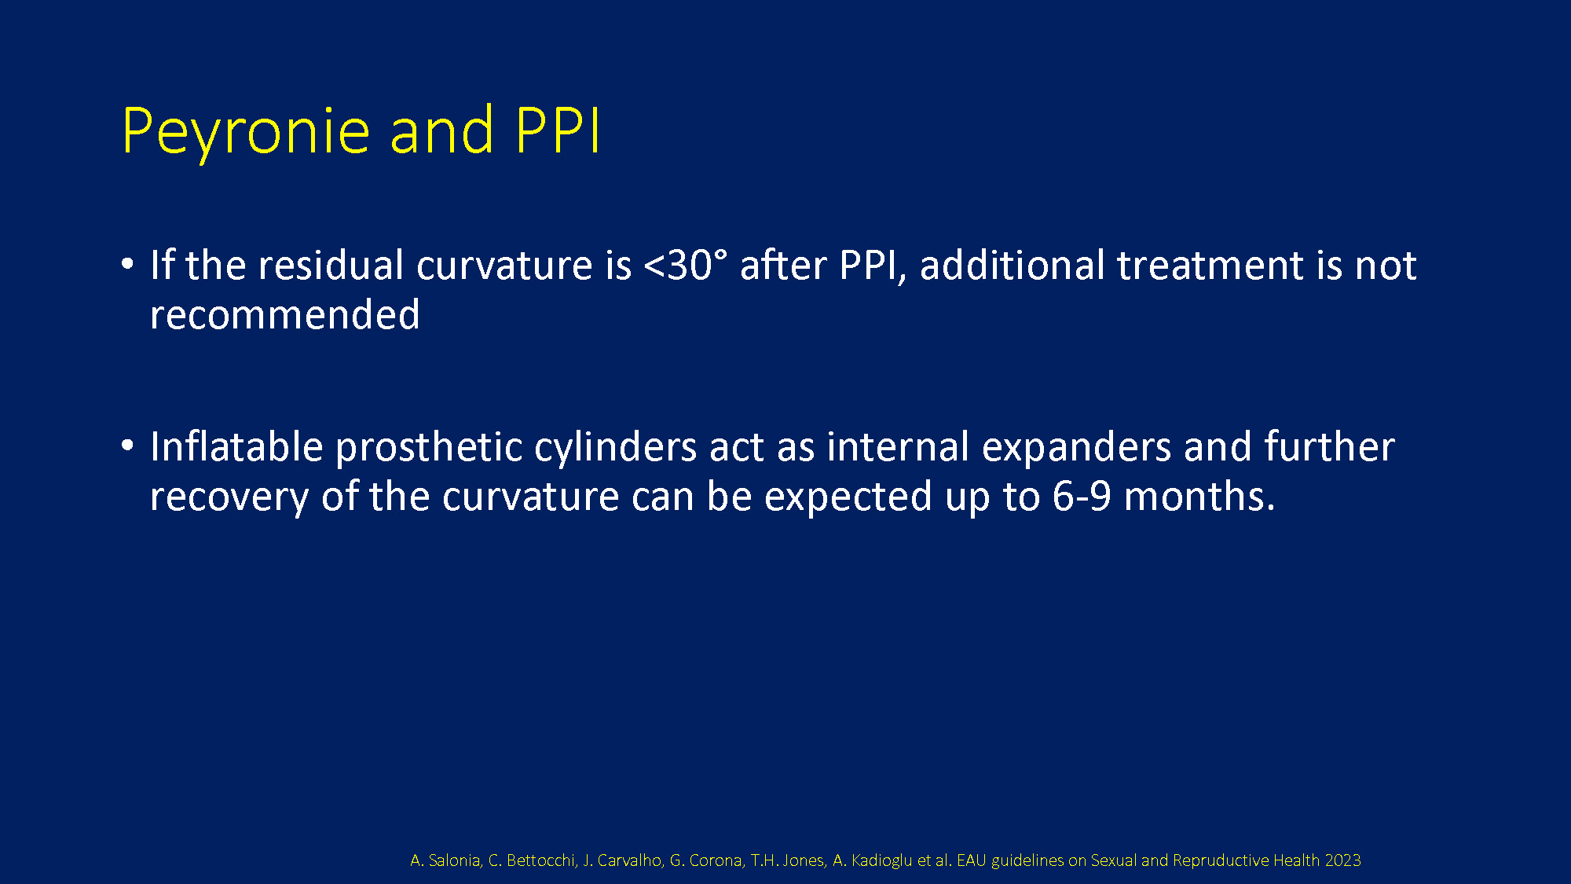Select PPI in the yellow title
558,130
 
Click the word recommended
284,314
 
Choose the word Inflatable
236,446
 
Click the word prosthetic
429,447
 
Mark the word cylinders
615,447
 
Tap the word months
1199,497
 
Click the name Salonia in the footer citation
455,860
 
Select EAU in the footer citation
971,860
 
